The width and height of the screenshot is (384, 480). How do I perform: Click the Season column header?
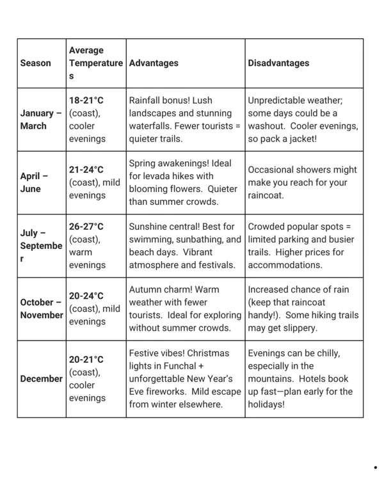(x=35, y=63)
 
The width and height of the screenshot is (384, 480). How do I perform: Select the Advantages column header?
(x=154, y=63)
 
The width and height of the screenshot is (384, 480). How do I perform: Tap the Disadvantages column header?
(x=278, y=63)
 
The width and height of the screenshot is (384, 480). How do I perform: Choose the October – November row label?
(x=42, y=308)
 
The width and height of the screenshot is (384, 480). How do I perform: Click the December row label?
(x=41, y=379)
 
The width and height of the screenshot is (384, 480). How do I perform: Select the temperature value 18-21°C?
(x=86, y=100)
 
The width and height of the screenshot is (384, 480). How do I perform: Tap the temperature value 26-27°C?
(x=86, y=227)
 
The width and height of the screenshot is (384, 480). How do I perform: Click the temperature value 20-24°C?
(x=86, y=296)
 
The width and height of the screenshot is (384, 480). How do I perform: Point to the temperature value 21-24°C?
(x=86, y=170)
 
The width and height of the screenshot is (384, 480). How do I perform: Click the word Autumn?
(x=146, y=289)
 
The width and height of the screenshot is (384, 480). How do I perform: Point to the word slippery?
(x=296, y=328)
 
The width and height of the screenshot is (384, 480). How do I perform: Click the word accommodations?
(x=285, y=265)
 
